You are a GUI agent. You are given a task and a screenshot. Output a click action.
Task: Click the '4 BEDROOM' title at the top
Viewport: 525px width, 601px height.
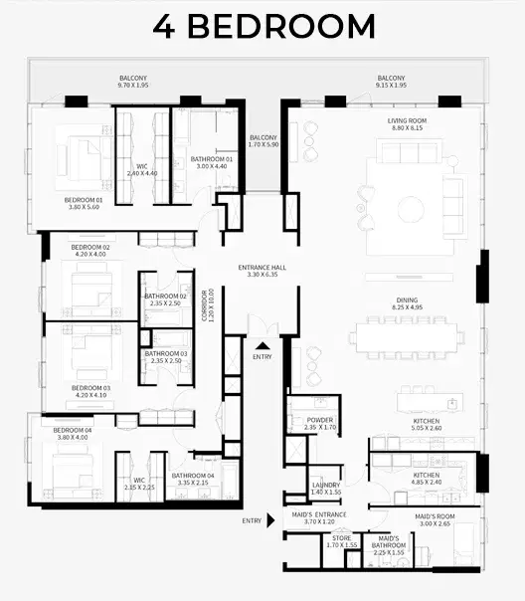[x=263, y=26]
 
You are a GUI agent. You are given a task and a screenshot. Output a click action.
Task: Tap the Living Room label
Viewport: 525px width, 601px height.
[x=405, y=124]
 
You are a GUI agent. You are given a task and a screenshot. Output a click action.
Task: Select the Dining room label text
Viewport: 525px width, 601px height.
[x=407, y=304]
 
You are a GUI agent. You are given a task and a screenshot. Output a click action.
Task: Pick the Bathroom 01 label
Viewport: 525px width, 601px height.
[x=211, y=163]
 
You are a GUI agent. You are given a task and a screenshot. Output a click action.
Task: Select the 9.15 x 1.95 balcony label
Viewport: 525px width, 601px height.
[x=392, y=82]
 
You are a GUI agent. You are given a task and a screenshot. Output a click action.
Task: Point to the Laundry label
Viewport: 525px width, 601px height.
[x=325, y=489]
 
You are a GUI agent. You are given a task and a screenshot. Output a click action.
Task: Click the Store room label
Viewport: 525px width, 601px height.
[x=341, y=542]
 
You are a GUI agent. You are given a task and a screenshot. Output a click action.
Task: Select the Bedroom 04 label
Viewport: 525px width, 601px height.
[x=74, y=434]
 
